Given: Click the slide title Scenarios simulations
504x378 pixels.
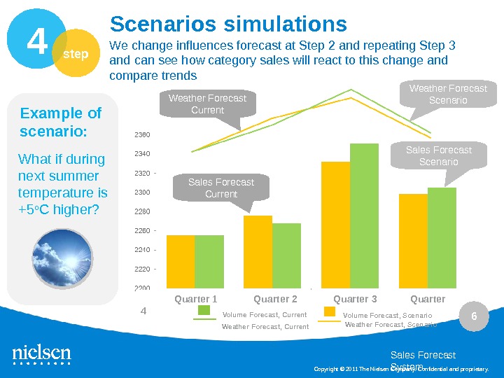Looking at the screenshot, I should (228, 24).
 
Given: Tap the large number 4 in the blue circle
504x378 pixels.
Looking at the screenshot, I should (36, 43).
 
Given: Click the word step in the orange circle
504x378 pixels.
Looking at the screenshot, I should (76, 54).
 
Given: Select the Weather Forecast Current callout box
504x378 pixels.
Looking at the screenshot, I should (208, 104).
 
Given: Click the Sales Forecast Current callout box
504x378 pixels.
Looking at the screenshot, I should (221, 188).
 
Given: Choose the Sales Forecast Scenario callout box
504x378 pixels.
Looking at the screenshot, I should (439, 155).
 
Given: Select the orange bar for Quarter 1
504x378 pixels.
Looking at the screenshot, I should (180, 261).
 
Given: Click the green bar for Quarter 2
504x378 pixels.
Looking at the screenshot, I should (286, 255).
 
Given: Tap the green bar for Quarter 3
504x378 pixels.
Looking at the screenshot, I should (364, 216).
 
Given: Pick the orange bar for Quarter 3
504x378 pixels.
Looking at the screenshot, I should (335, 225).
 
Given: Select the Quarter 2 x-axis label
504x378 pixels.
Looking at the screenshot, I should (275, 300).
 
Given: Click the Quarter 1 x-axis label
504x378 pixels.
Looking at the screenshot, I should (196, 300).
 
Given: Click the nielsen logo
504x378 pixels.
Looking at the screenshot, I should (41, 354).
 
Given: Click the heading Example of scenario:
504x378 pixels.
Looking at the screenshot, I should (61, 122).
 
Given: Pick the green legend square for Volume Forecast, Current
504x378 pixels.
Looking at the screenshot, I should (204, 311).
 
